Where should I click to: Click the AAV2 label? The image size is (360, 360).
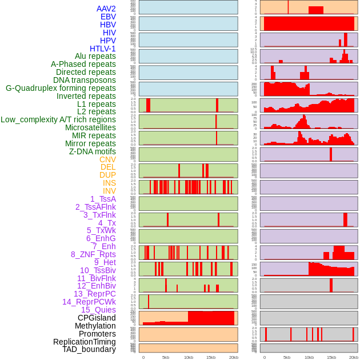(106, 9)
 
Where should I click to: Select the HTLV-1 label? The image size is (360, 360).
(103, 49)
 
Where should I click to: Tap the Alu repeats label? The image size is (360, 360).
(95, 56)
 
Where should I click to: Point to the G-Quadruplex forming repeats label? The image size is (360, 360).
(61, 88)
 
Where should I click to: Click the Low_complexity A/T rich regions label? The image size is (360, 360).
(58, 119)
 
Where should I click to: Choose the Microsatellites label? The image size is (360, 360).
(90, 127)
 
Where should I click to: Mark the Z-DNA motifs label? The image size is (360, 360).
(93, 151)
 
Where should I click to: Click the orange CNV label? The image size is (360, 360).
(107, 159)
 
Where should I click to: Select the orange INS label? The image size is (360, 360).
(109, 183)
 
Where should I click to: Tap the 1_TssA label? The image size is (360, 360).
(103, 199)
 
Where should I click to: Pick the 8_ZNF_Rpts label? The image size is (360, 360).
(93, 254)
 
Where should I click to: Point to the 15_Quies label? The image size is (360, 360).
(98, 310)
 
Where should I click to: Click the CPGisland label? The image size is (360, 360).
(97, 318)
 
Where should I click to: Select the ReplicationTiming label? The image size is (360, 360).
(85, 342)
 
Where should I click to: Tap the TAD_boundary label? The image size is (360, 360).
(89, 349)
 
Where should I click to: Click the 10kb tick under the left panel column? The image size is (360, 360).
(188, 357)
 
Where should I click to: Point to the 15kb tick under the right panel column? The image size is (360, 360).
(331, 357)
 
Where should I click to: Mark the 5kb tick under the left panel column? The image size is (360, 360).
(166, 357)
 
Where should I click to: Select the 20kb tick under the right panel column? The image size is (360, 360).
(354, 357)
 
